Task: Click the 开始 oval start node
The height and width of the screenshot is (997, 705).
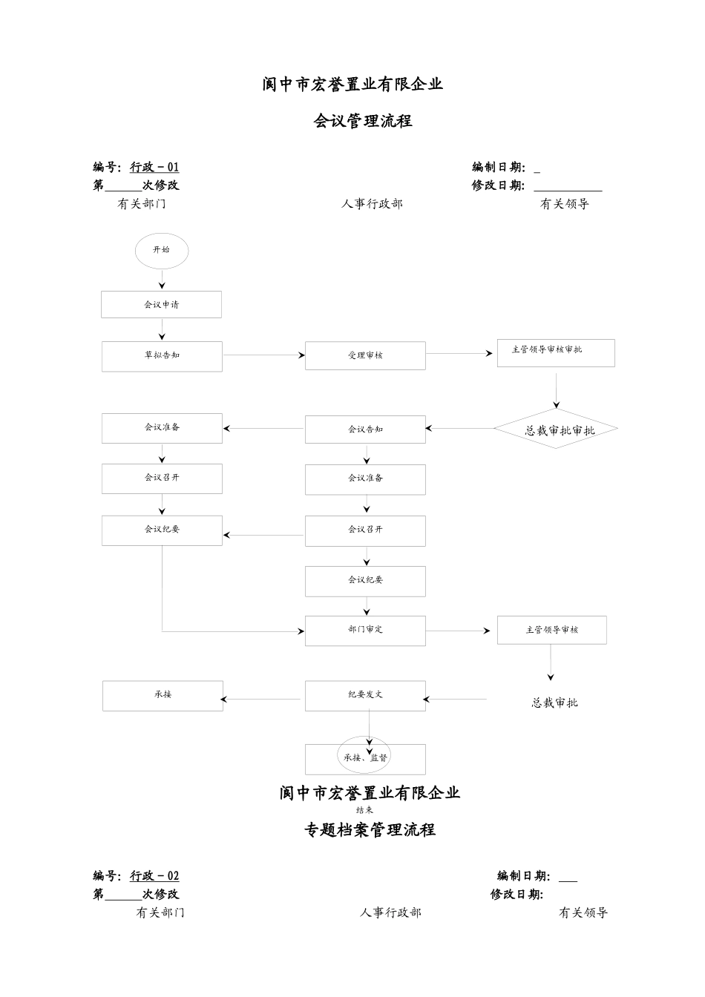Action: click(x=161, y=251)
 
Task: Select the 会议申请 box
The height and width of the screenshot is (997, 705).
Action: click(x=161, y=304)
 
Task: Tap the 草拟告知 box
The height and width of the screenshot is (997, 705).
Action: click(x=162, y=356)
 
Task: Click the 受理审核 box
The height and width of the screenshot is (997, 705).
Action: click(x=365, y=355)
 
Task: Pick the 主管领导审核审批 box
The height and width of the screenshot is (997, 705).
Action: click(x=555, y=352)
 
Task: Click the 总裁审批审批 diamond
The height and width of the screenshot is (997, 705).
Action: click(x=557, y=430)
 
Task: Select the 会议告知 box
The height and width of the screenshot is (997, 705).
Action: click(x=365, y=430)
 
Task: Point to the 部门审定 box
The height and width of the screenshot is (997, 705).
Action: click(x=365, y=630)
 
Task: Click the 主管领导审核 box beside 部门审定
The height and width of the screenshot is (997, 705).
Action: click(x=551, y=630)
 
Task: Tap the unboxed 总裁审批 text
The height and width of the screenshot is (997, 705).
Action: click(x=554, y=702)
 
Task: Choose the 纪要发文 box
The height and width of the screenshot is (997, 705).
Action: click(x=365, y=695)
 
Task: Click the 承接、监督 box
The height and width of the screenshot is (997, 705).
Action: click(x=365, y=759)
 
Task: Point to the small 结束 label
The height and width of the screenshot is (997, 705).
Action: click(x=364, y=810)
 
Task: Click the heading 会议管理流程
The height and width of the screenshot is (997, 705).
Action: click(x=363, y=121)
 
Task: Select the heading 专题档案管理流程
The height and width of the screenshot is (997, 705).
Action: click(x=370, y=830)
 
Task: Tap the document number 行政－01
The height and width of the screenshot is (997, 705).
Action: click(x=154, y=168)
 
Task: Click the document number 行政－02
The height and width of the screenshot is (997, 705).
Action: click(x=154, y=876)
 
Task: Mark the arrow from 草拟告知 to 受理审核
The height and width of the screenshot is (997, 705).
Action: click(x=263, y=355)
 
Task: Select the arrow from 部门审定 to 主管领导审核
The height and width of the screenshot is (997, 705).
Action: click(x=458, y=631)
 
